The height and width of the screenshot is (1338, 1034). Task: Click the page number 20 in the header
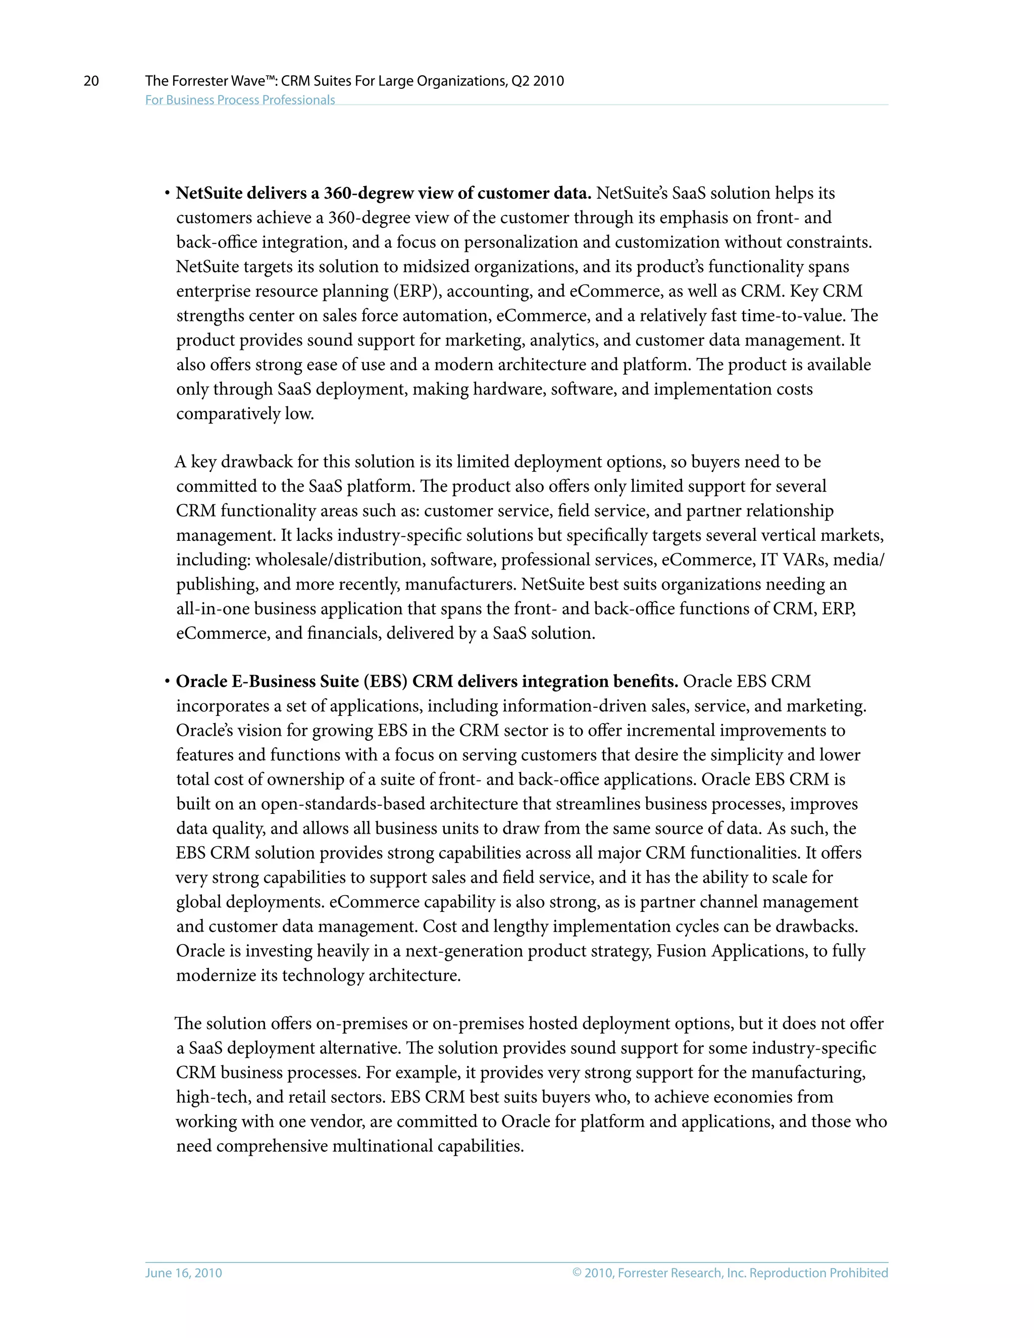pos(91,81)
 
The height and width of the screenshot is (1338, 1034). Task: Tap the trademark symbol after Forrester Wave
pos(270,78)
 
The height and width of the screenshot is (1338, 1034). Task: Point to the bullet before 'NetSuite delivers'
pos(167,193)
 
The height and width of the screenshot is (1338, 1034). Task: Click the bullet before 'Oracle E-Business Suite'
pos(167,682)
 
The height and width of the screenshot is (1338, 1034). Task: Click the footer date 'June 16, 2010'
pos(183,1272)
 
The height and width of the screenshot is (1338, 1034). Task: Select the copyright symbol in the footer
pos(577,1272)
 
